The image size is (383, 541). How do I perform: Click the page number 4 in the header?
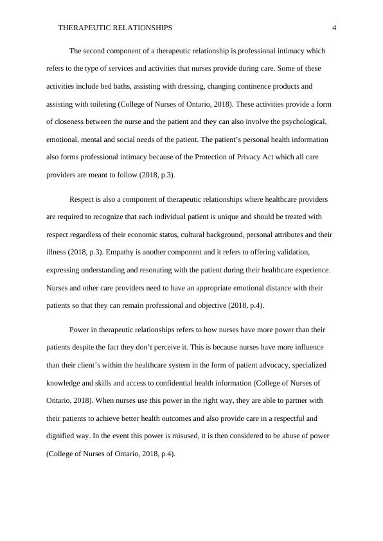pos(334,28)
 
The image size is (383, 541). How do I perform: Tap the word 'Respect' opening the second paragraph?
pos(82,199)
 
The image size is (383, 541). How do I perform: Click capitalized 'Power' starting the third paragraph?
pos(80,330)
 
